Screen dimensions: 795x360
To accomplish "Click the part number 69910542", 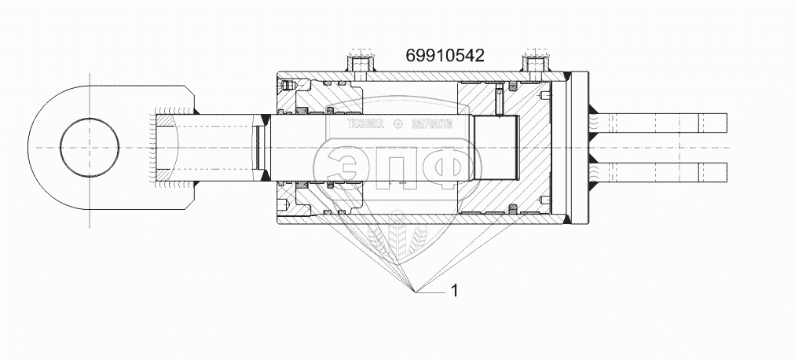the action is pyautogui.click(x=445, y=55).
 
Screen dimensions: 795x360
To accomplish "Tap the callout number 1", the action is pyautogui.click(x=454, y=291).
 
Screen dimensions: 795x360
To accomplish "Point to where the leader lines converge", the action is pyautogui.click(x=416, y=292).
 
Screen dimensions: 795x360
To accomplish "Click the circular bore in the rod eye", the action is pyautogui.click(x=90, y=148).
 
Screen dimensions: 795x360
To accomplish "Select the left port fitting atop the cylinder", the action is pyautogui.click(x=360, y=63).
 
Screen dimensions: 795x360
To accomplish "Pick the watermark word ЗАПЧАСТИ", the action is pyautogui.click(x=432, y=124).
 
